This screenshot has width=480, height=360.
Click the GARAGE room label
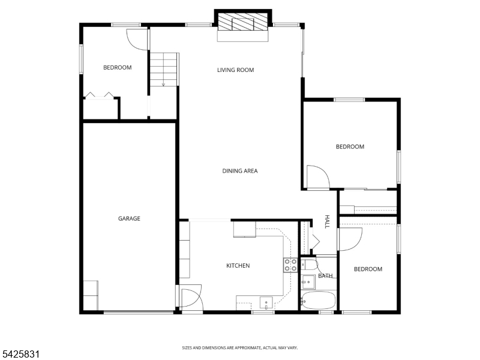[x=129, y=218]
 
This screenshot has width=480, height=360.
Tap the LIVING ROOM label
[x=235, y=70]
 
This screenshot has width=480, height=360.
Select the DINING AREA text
[x=239, y=171]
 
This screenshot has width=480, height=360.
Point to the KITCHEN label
[x=238, y=266]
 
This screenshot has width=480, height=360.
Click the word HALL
[x=327, y=221]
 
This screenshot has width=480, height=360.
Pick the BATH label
[x=325, y=276]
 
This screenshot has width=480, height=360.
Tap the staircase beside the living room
[x=163, y=70]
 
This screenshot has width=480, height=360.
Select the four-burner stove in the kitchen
[x=290, y=265]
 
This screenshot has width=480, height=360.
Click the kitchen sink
[x=266, y=303]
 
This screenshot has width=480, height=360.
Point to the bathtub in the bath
[x=318, y=301]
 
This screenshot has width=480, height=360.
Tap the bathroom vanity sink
[x=308, y=282]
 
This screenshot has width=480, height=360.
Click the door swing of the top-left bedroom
[x=137, y=40]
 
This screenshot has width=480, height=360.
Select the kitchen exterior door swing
[x=191, y=296]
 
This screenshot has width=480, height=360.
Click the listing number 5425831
[x=20, y=354]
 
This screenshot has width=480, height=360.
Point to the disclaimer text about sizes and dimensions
[x=239, y=348]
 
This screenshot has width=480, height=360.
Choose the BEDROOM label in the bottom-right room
[x=368, y=269]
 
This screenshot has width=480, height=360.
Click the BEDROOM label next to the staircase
[x=117, y=68]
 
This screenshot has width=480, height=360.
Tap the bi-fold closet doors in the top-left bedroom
[x=99, y=95]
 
